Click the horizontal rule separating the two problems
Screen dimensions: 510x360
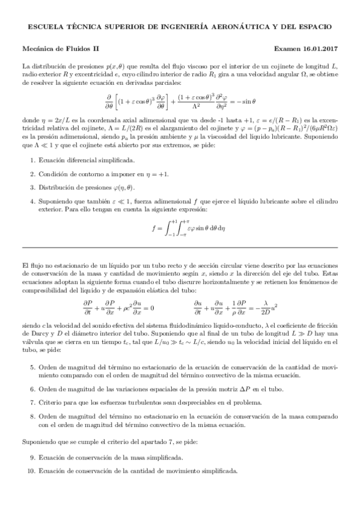(x=180, y=248)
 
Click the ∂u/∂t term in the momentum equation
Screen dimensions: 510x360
(x=200, y=307)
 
